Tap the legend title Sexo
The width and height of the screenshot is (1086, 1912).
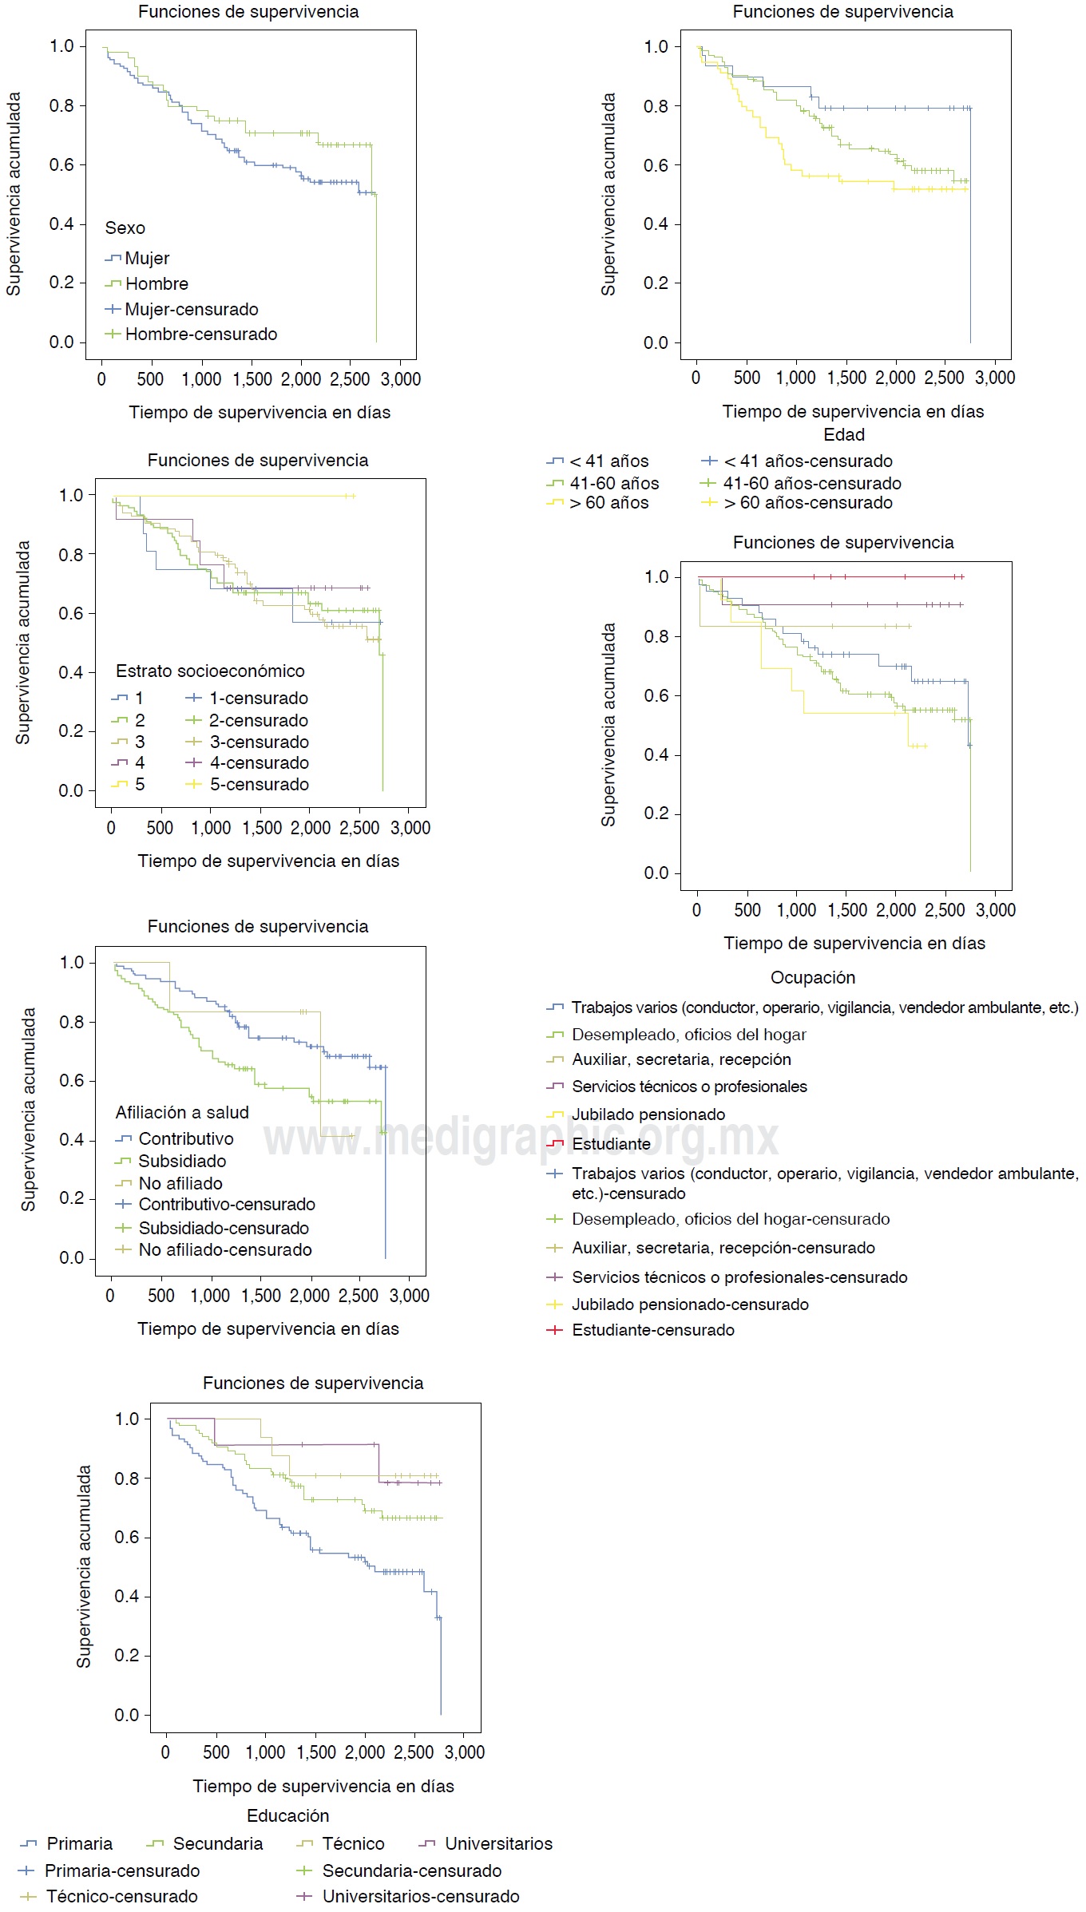(x=125, y=228)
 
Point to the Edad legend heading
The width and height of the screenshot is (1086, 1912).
(x=844, y=435)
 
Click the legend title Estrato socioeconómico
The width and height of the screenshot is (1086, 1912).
(x=210, y=671)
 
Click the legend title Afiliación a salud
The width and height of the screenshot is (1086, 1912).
(x=182, y=1113)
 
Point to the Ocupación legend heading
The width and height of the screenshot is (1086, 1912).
(x=813, y=978)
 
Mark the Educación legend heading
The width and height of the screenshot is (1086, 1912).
(x=288, y=1815)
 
